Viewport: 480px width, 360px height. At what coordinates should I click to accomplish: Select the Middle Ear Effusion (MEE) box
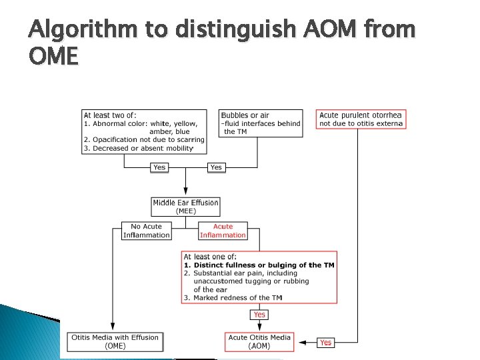(x=185, y=207)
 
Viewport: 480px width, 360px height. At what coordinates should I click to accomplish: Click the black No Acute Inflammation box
(x=146, y=231)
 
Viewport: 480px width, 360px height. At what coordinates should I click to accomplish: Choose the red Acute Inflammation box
(x=223, y=231)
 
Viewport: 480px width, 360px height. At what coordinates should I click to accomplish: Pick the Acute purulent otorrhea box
(x=361, y=119)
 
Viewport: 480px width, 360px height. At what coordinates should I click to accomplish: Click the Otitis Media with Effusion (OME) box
(x=115, y=341)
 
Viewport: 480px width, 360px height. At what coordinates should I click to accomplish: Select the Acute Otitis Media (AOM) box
(x=259, y=341)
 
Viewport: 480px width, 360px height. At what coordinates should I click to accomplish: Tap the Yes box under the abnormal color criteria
(x=159, y=167)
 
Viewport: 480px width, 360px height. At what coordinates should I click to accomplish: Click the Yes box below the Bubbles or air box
(x=216, y=167)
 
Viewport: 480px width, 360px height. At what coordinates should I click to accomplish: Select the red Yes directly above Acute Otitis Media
(x=259, y=314)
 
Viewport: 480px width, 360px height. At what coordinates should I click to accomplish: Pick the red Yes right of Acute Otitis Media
(x=325, y=342)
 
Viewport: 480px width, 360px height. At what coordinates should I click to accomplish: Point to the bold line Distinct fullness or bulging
(x=259, y=265)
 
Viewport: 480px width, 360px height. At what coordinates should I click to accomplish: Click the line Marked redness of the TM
(x=233, y=297)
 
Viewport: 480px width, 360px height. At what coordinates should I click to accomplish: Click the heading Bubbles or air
(x=245, y=115)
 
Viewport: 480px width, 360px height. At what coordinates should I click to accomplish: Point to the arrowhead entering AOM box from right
(x=300, y=342)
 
